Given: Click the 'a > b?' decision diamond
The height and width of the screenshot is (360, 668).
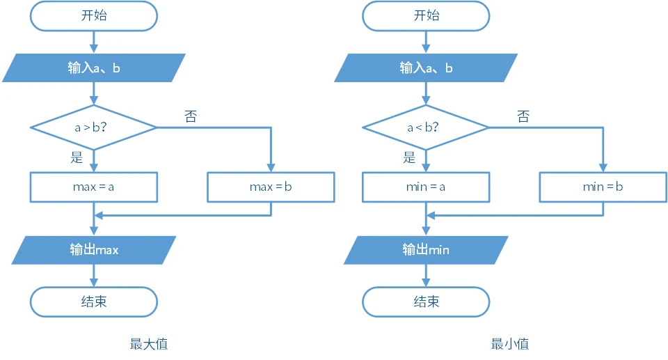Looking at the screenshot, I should (93, 127).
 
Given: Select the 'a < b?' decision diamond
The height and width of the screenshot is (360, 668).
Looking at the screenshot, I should (426, 127).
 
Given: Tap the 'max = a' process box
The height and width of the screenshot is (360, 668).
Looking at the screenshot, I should (93, 187).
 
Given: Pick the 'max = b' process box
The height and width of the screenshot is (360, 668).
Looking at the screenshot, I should (271, 187).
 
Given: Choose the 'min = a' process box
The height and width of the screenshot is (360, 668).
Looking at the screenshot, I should (426, 187).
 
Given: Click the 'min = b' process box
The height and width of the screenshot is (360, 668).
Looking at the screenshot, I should (603, 187).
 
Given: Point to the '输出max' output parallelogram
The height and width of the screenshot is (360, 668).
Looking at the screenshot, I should (93, 250).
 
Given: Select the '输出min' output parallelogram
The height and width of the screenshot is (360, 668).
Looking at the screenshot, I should (426, 250).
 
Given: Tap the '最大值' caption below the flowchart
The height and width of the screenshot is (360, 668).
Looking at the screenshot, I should (148, 343).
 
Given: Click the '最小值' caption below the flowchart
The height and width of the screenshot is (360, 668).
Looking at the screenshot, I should (509, 343).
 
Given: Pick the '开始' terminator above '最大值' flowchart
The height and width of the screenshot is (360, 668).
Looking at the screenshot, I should (93, 16).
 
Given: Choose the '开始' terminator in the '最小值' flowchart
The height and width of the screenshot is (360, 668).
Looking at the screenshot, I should (426, 16).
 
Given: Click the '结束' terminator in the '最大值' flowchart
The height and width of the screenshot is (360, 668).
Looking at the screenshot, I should (93, 302).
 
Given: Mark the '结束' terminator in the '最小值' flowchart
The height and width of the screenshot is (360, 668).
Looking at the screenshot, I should (426, 302).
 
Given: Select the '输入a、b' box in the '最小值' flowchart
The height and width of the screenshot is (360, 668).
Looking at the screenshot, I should (426, 68).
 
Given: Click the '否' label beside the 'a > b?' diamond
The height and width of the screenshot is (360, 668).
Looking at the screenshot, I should (190, 116).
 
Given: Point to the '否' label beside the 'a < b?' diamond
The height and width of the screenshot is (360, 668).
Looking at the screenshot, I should (523, 116).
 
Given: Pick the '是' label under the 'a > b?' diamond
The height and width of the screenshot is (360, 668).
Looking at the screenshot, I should (77, 157).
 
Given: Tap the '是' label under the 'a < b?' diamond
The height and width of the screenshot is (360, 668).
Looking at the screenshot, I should (409, 157).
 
